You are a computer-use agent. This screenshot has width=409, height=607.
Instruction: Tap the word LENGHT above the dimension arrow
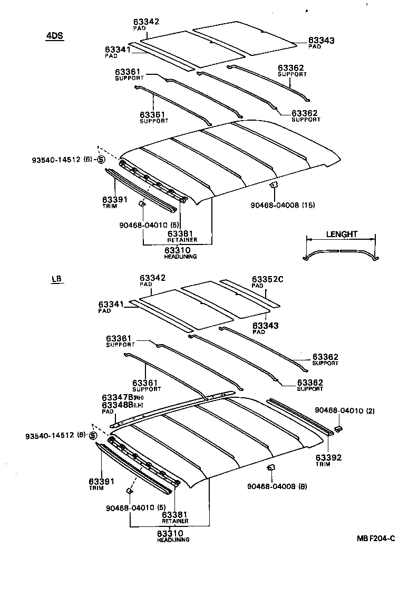341,234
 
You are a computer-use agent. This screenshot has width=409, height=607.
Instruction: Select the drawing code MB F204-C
375,538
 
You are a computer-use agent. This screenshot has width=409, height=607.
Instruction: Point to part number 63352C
267,279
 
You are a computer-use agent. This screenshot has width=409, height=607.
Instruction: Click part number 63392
328,457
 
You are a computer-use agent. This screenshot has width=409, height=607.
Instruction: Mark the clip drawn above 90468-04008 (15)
274,184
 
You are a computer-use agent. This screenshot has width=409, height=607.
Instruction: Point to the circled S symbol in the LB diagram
93,435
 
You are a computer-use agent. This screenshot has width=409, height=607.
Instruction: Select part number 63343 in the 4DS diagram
322,40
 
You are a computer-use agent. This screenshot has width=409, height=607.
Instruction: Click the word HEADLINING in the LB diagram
173,540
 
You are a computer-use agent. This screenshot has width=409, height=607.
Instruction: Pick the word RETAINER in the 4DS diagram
182,240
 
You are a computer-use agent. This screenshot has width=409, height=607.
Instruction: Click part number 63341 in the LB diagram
111,305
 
